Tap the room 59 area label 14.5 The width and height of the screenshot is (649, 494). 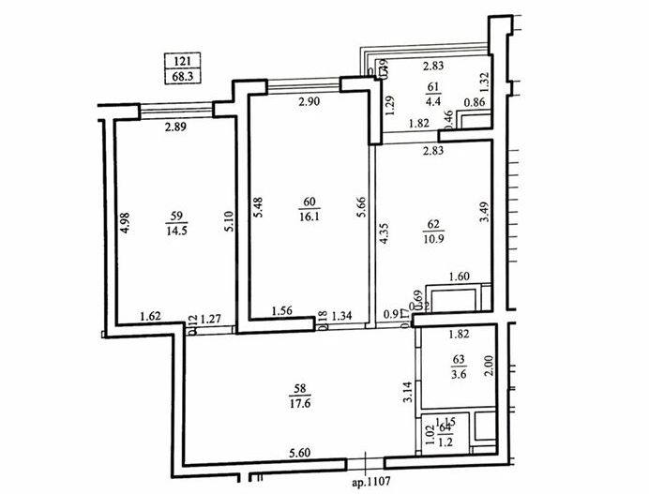(x=174, y=229)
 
